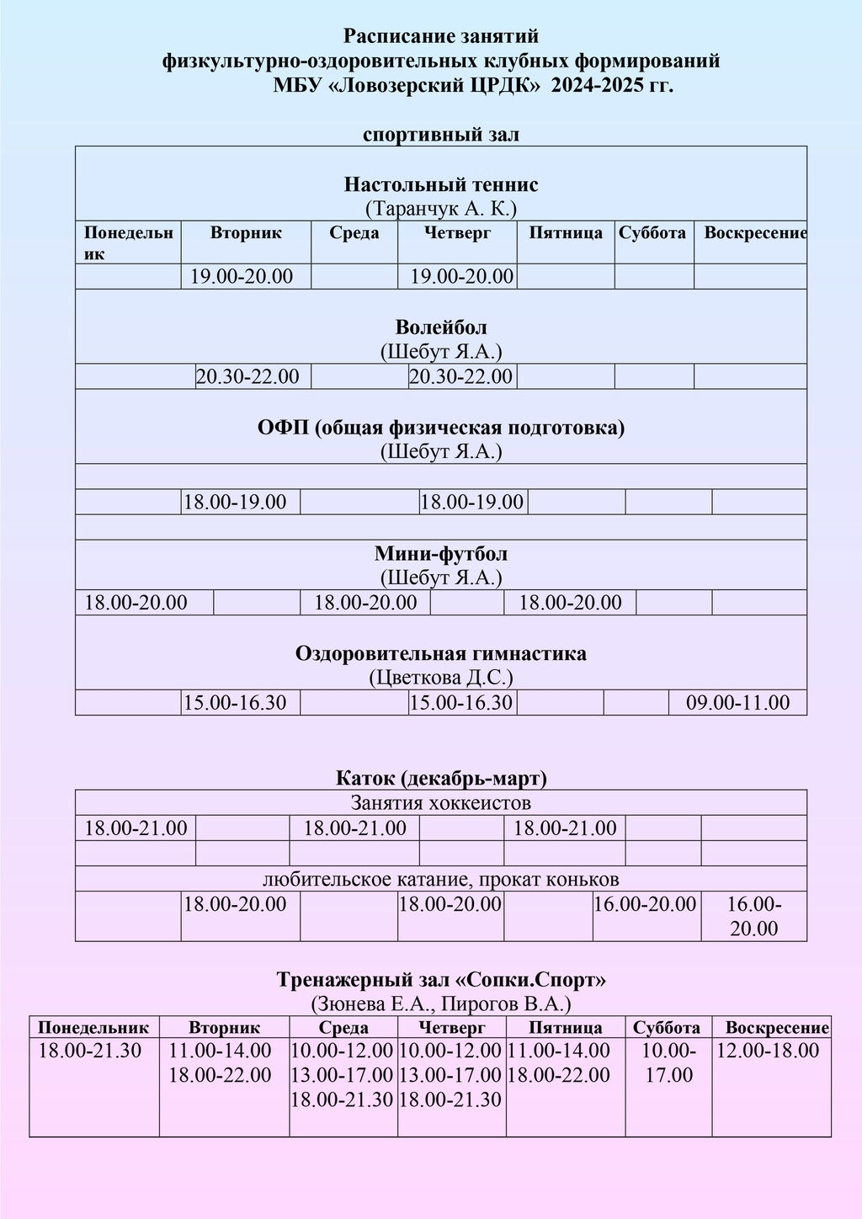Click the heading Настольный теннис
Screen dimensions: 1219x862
click(x=440, y=184)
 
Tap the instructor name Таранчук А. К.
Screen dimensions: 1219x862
click(x=440, y=208)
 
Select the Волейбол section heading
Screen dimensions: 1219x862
click(x=440, y=327)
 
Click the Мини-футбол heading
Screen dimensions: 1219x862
click(x=440, y=553)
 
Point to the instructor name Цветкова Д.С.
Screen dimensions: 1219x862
click(x=440, y=677)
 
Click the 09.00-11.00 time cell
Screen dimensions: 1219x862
click(x=737, y=702)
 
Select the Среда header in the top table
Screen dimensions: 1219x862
click(x=354, y=233)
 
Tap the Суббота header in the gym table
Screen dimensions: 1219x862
click(x=667, y=1027)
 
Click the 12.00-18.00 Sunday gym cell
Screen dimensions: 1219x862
click(x=767, y=1050)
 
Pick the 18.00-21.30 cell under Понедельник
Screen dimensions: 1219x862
click(x=90, y=1050)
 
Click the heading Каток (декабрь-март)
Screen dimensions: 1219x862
click(x=440, y=777)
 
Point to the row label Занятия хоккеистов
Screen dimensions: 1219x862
click(x=440, y=802)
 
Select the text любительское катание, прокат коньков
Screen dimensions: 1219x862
click(x=440, y=880)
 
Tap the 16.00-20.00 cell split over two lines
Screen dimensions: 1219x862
click(x=753, y=916)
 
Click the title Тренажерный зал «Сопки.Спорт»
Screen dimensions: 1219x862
click(x=440, y=979)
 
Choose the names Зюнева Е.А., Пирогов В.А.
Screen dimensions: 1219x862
click(x=440, y=1003)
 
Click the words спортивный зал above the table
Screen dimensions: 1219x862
click(x=440, y=134)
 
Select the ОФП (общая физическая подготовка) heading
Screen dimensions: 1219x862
click(x=440, y=427)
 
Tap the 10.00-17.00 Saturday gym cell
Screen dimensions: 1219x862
click(x=668, y=1062)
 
